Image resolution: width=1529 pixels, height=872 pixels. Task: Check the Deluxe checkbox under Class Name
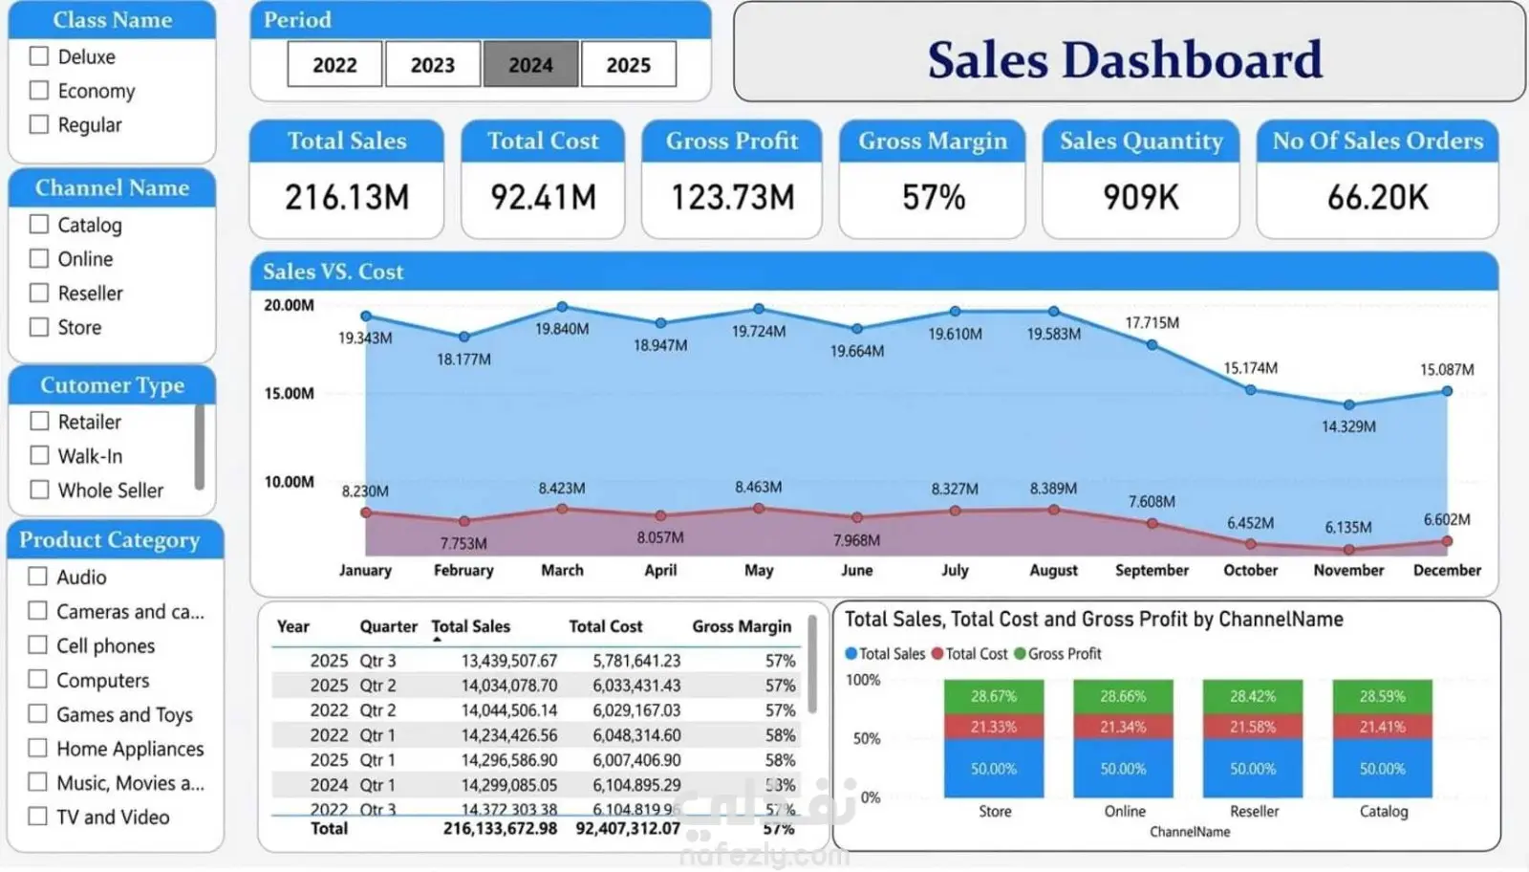coord(39,56)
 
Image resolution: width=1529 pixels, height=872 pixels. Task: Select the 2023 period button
coord(432,65)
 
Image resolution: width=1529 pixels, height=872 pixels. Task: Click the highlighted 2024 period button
coord(530,65)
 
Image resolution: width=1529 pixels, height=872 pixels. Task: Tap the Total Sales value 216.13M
coord(347,198)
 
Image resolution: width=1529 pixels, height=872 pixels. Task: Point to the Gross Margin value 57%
coord(933,198)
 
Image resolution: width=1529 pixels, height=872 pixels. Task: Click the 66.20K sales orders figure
coord(1377,198)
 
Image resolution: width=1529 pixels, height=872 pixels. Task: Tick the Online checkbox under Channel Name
coord(39,259)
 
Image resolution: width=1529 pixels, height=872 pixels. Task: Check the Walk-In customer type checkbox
coord(39,456)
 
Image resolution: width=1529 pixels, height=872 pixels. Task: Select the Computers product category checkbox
coord(38,680)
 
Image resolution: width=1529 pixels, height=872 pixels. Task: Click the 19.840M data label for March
coord(562,329)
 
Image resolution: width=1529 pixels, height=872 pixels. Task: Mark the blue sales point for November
coord(1348,405)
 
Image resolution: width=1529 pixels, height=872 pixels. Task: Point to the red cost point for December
coord(1447,541)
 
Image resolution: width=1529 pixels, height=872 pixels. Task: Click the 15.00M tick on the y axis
coord(289,394)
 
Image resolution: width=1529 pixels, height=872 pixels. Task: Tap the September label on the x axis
coord(1152,571)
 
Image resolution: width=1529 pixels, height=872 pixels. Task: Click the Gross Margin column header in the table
coord(742,627)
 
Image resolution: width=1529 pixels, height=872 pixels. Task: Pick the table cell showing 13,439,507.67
coord(508,662)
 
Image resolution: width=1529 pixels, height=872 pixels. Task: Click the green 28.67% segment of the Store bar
coord(993,696)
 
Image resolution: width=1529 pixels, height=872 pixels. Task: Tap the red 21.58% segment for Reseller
coord(1252,727)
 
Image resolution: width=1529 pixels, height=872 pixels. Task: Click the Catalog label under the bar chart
coord(1383,812)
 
